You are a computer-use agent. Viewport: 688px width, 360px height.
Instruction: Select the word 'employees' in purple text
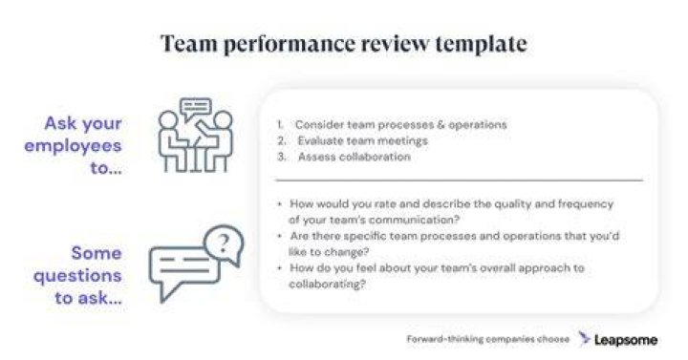(x=73, y=146)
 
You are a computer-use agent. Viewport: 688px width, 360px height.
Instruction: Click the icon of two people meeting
(x=195, y=135)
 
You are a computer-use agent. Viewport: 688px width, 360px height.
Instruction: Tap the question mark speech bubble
(x=224, y=244)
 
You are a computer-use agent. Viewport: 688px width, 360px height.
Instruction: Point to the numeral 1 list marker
(x=280, y=125)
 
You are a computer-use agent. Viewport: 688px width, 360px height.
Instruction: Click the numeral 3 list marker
(x=282, y=157)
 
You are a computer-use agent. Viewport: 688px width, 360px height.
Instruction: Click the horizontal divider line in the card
(x=459, y=180)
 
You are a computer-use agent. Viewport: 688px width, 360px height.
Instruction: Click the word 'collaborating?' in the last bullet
(x=327, y=285)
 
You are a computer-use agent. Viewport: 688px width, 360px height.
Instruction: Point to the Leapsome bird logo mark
(x=584, y=338)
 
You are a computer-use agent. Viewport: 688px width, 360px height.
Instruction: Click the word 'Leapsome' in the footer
(x=626, y=340)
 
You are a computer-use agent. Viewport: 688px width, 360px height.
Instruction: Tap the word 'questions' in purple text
(x=77, y=276)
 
